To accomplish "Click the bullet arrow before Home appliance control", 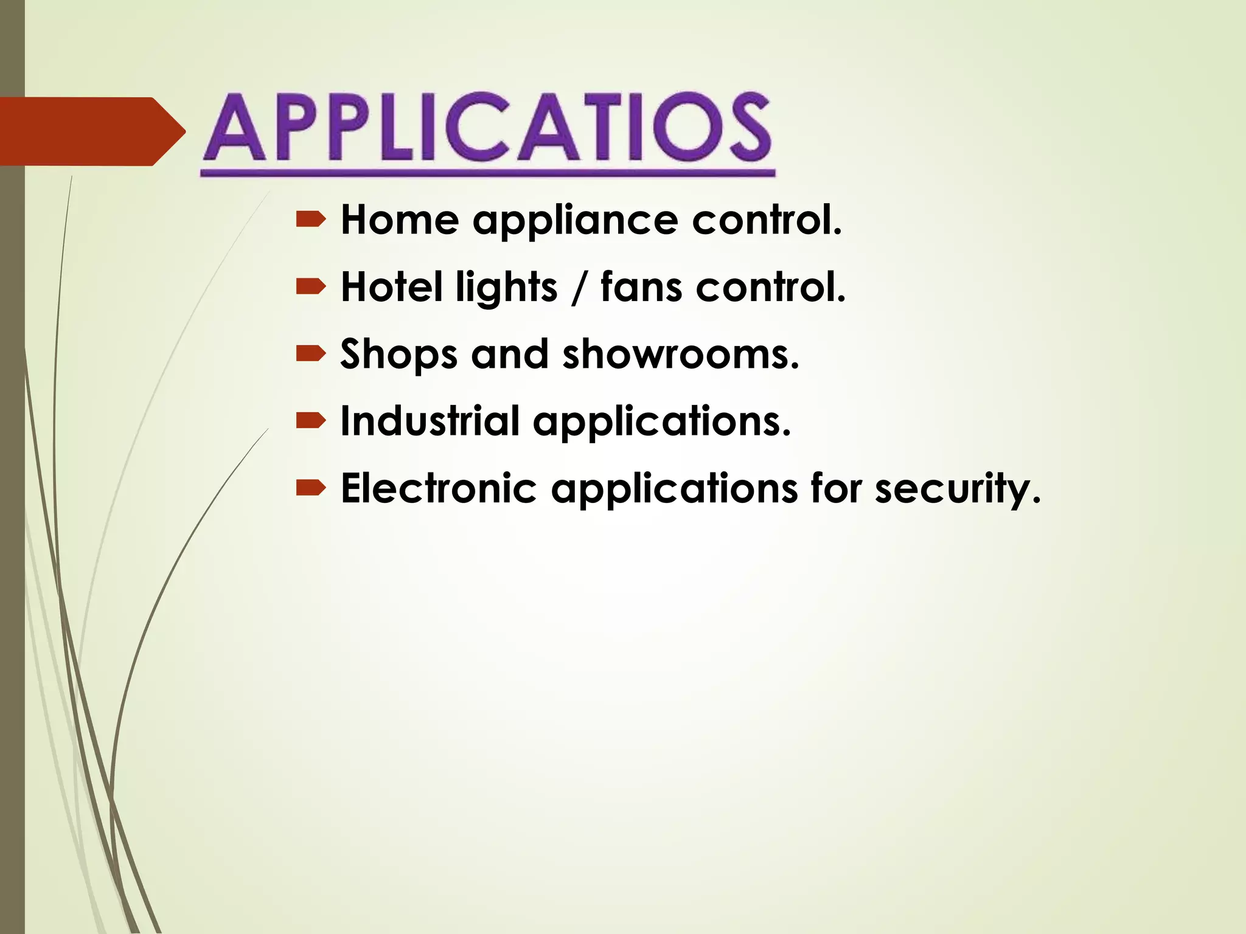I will tap(311, 220).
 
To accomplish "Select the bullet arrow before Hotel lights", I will tap(311, 287).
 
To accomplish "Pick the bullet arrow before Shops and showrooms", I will tap(311, 354).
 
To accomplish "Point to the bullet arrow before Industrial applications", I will tap(311, 421).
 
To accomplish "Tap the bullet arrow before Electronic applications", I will tap(311, 488).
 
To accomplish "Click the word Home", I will tap(399, 220).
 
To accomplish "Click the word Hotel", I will tap(391, 287).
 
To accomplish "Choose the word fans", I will tap(641, 287).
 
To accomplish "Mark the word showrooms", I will tap(680, 354).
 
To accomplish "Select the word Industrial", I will tap(430, 421).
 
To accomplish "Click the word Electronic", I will tap(439, 488).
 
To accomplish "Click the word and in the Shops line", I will tap(510, 354).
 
